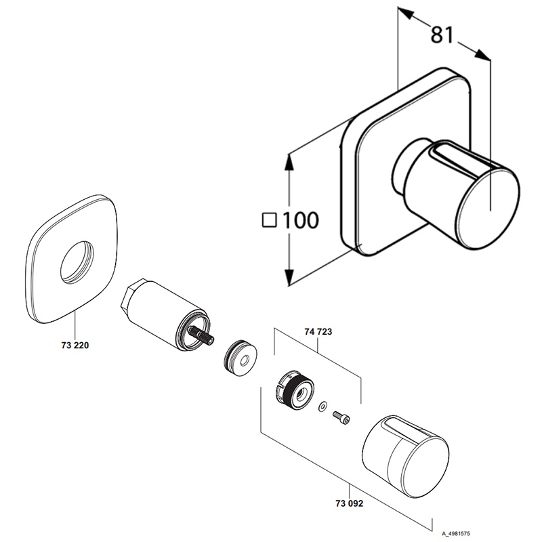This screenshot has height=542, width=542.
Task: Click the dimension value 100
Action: point(299,220)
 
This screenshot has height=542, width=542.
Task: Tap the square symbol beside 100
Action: point(270,220)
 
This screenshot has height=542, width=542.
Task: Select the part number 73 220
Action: point(75,345)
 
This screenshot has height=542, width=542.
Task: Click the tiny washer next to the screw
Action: point(322,406)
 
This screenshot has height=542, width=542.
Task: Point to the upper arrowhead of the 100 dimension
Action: point(290,160)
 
